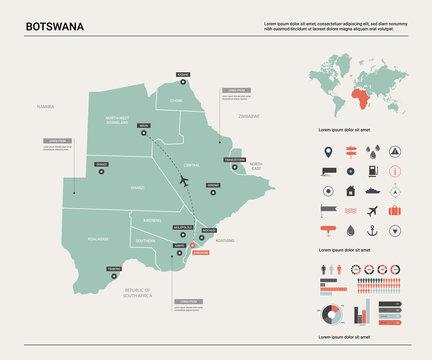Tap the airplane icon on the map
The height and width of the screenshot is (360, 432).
pyautogui.click(x=183, y=180)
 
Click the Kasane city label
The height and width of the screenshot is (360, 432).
pyautogui.click(x=182, y=74)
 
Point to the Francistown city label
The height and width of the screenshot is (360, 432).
pyautogui.click(x=233, y=159)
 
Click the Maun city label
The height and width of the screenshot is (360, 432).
pyautogui.click(x=144, y=126)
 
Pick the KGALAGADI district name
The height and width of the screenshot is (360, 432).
pyautogui.click(x=98, y=239)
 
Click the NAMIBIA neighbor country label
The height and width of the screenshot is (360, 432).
pyautogui.click(x=45, y=105)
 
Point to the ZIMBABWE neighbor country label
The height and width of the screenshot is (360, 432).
pyautogui.click(x=248, y=116)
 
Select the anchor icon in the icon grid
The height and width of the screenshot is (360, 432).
pyautogui.click(x=372, y=231)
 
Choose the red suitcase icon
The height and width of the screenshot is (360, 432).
pyautogui.click(x=395, y=211)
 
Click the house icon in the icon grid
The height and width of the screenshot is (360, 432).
pyautogui.click(x=349, y=191)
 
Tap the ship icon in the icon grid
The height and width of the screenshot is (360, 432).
pyautogui.click(x=372, y=191)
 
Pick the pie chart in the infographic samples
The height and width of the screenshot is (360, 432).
pyautogui.click(x=332, y=317)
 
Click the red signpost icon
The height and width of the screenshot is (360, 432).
pyautogui.click(x=350, y=153)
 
